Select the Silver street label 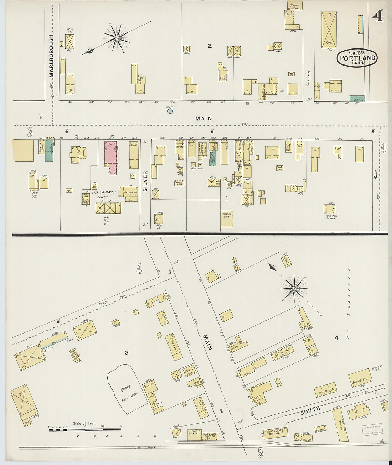(145, 181)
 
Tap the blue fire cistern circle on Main (170, 111)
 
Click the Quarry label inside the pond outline (125, 388)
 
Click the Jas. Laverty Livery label (104, 194)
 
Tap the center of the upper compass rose (117, 37)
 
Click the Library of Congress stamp (372, 430)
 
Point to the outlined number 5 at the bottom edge (261, 452)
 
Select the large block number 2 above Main (210, 46)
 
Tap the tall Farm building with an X (329, 30)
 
